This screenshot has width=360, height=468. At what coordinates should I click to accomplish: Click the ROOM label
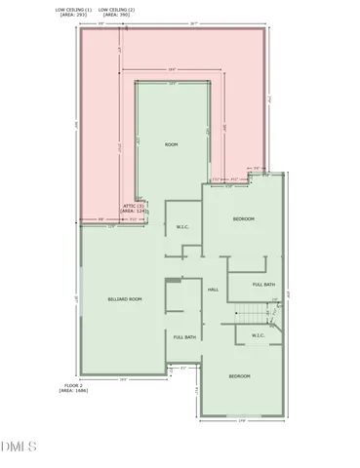click(172, 144)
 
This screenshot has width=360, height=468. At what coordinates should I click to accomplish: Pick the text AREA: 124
click(134, 212)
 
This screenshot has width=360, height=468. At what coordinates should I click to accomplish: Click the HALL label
click(212, 290)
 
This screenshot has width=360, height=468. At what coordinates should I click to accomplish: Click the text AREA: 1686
click(76, 392)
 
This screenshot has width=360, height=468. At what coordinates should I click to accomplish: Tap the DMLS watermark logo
click(20, 448)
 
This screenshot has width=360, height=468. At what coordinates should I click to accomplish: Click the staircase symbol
click(256, 314)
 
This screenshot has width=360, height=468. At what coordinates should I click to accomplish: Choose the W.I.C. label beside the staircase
click(259, 336)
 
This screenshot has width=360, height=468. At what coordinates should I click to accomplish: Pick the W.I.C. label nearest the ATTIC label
click(182, 227)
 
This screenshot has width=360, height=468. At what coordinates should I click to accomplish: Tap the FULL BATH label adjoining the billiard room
click(184, 336)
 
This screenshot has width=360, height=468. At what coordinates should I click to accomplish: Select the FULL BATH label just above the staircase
click(263, 284)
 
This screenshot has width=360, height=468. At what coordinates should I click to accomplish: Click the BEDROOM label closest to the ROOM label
click(243, 219)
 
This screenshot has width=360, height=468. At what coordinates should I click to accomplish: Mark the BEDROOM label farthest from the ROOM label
click(240, 375)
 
